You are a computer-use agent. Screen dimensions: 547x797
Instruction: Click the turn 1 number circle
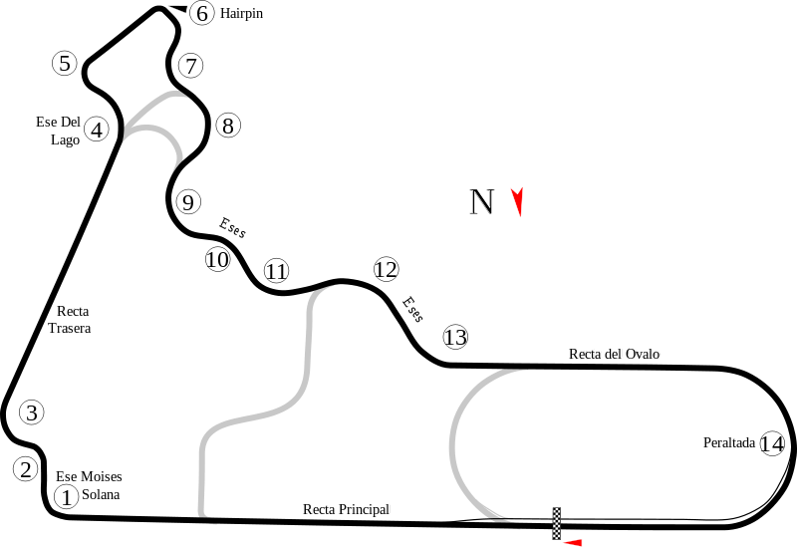[65, 496]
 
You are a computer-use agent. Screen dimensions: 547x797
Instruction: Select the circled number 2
[26, 469]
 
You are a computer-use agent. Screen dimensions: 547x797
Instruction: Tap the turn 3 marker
[32, 412]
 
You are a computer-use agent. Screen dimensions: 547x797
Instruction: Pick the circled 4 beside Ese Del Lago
[96, 130]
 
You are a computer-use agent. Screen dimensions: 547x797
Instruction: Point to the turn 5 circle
[65, 64]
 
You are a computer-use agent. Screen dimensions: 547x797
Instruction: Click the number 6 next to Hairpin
[201, 13]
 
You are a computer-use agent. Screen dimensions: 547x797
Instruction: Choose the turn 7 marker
[190, 67]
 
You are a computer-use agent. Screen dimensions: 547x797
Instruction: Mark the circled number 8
[228, 126]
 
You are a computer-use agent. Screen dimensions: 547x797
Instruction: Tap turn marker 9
[188, 202]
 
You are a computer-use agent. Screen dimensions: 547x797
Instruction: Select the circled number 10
[217, 260]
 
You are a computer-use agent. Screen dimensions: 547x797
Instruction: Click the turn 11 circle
[276, 271]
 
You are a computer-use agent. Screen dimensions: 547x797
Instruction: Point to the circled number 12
[386, 269]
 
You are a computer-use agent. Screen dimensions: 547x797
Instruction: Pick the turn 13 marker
[455, 338]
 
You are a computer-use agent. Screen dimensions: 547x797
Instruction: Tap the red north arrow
[517, 201]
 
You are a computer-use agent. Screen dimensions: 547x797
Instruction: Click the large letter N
[482, 202]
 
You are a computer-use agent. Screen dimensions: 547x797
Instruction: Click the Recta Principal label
[346, 509]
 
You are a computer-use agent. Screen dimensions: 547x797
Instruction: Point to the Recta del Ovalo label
[615, 353]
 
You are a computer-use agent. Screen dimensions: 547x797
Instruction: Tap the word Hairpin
[241, 14]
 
